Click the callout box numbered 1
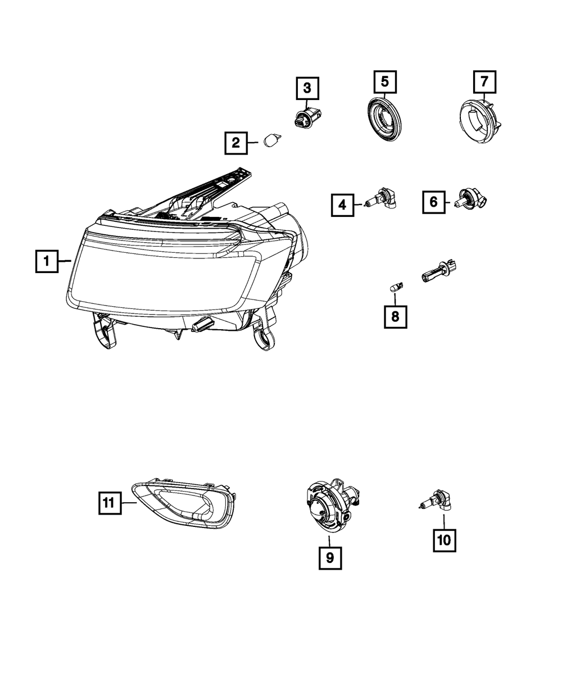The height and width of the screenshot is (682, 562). (47, 261)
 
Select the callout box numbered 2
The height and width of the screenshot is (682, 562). (236, 143)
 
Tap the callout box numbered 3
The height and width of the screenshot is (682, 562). (307, 88)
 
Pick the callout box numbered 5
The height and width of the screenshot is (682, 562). (385, 81)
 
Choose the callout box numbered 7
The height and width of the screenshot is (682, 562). (484, 81)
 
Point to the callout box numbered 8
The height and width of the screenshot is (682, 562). (395, 316)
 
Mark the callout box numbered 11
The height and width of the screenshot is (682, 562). (110, 503)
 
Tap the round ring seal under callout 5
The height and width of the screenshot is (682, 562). (384, 118)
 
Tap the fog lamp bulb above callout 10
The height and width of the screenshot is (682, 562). (435, 507)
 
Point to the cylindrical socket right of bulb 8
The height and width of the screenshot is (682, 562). (438, 272)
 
